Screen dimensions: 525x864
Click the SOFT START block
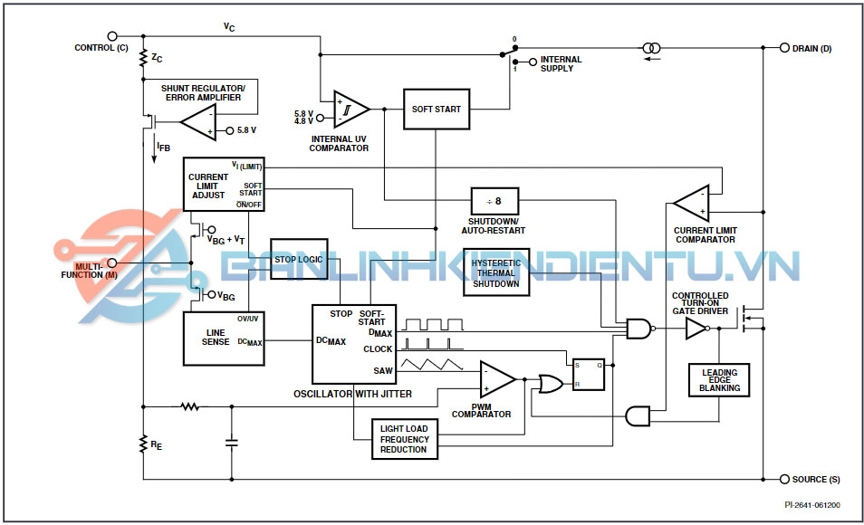click(437, 110)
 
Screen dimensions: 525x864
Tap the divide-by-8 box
click(494, 201)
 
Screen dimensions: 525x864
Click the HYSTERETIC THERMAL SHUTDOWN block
click(495, 273)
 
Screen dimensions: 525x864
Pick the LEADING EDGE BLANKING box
click(719, 380)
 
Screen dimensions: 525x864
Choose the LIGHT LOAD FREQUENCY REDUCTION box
click(404, 439)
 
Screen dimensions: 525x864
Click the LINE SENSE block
click(224, 339)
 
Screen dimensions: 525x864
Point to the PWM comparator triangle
click(496, 378)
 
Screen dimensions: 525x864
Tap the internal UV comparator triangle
click(350, 110)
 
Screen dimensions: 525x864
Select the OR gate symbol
click(549, 384)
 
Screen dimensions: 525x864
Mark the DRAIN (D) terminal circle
click(783, 48)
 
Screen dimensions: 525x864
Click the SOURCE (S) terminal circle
click(783, 479)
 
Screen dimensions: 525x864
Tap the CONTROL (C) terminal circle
click(112, 37)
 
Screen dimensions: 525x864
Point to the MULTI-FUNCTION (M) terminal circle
click(112, 263)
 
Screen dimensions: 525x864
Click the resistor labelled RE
click(143, 444)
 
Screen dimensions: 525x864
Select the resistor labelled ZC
click(143, 59)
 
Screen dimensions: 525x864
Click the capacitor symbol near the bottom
click(231, 443)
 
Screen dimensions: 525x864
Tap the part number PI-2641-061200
click(811, 505)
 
